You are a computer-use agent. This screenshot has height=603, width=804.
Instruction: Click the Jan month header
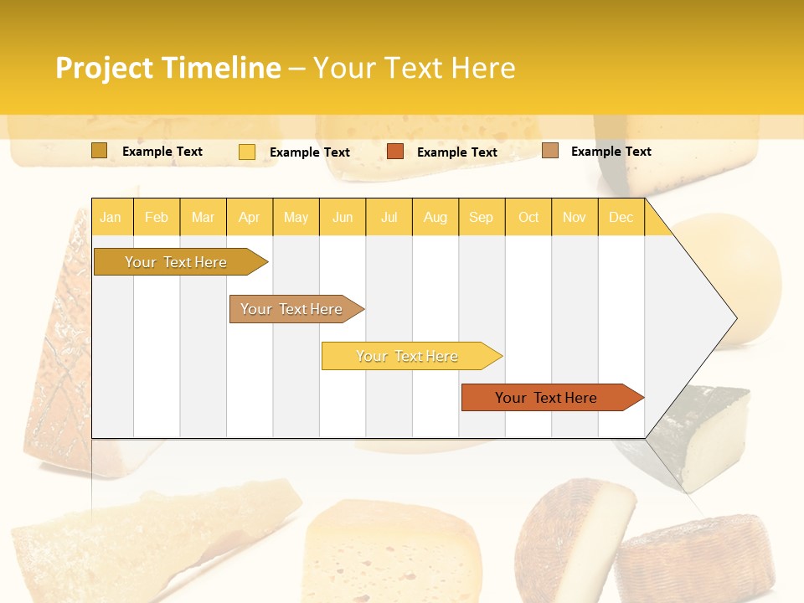[111, 217]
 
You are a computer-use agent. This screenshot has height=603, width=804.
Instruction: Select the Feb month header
[157, 217]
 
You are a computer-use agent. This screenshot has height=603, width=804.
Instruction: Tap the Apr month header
[249, 217]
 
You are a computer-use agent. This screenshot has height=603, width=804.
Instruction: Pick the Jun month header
[343, 217]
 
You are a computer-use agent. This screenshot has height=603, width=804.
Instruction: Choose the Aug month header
[435, 217]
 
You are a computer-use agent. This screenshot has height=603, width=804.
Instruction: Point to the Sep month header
[481, 217]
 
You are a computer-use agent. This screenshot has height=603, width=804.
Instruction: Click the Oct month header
[528, 217]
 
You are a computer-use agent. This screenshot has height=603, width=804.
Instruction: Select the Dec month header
[621, 217]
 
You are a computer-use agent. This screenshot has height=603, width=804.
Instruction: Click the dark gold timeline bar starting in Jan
[176, 262]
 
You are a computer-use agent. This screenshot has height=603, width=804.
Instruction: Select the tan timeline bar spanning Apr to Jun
[291, 309]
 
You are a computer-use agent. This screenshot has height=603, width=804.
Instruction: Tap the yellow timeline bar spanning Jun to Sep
[407, 356]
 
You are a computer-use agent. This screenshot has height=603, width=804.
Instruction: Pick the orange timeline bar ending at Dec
[546, 398]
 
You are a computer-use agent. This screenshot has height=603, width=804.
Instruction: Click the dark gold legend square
[99, 151]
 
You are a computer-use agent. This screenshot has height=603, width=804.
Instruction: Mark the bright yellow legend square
[246, 152]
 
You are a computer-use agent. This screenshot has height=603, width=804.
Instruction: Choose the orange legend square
[395, 152]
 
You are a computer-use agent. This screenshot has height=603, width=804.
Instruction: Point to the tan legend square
[549, 151]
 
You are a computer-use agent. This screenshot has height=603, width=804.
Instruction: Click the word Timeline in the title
[221, 68]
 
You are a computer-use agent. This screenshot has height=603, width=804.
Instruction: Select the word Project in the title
[105, 68]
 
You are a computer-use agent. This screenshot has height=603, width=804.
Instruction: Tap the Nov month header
[574, 217]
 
